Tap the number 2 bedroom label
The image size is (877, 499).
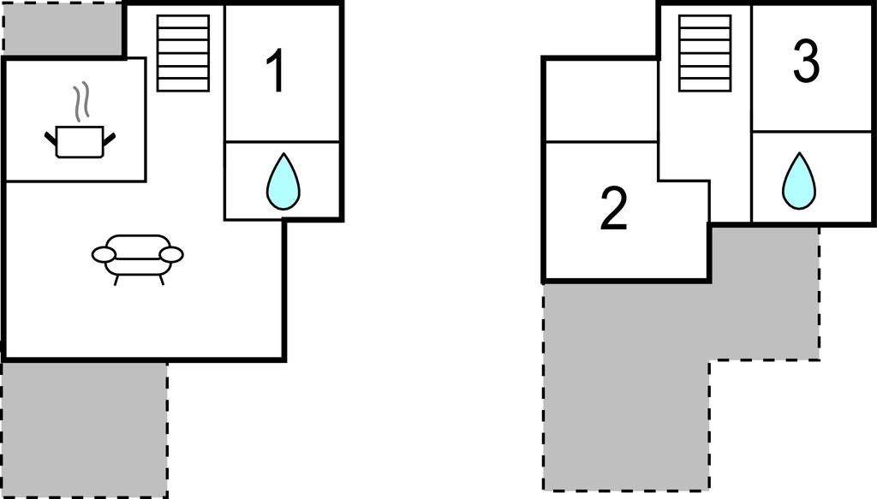(x=613, y=209)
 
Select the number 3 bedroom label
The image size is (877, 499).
(x=806, y=62)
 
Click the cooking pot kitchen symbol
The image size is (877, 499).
(x=79, y=141)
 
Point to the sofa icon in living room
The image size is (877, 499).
(x=137, y=255)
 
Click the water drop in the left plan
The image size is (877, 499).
(x=283, y=181)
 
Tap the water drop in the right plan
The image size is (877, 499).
(x=798, y=181)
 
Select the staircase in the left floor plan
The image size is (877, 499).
(x=183, y=53)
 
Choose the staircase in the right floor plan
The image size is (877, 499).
(x=705, y=53)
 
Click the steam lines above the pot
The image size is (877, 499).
(x=81, y=101)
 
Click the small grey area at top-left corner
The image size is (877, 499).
(x=63, y=29)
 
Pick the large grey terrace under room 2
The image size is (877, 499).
(x=625, y=385)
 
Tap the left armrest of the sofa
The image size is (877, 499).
(x=104, y=254)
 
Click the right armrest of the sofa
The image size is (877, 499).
(x=171, y=254)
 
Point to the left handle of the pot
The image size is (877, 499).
(x=51, y=137)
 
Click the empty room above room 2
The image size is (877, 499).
(x=600, y=101)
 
